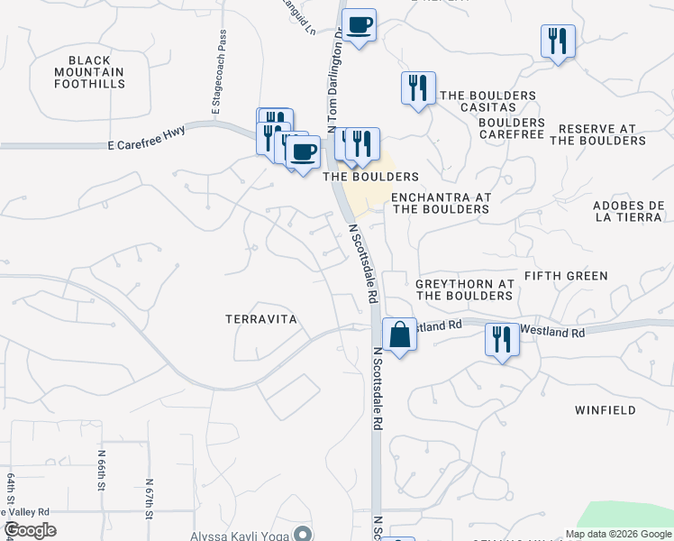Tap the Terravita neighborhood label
pos(260,319)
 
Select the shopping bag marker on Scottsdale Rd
pos(398,335)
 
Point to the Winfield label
pos(605,410)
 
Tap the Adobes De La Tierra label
pos(629,211)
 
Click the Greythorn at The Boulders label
pos(464,289)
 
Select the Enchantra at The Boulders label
pos(441,203)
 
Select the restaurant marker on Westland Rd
pos(501,340)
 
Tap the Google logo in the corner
pos(30,530)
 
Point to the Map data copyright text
pos(618,534)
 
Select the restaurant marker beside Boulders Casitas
pos(417,88)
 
